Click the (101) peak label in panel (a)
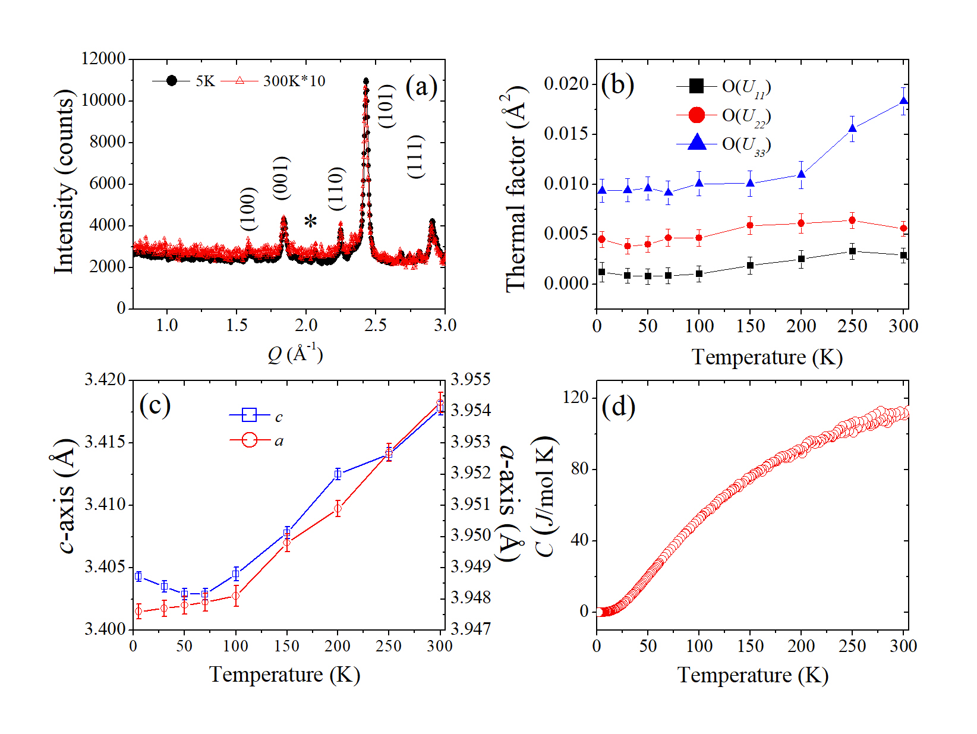[386, 106]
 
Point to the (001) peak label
[281, 178]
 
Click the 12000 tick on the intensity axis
[103, 58]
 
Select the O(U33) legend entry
[746, 144]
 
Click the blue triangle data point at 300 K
[903, 102]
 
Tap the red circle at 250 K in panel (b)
[852, 220]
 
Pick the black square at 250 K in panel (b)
[852, 251]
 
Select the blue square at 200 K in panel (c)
[338, 474]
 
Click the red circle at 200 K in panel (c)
[338, 508]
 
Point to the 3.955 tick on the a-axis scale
[471, 379]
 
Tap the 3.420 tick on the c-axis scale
[105, 379]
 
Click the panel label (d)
[618, 407]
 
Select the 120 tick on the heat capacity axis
[575, 397]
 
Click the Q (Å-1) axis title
[295, 354]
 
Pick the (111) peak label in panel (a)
[415, 156]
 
